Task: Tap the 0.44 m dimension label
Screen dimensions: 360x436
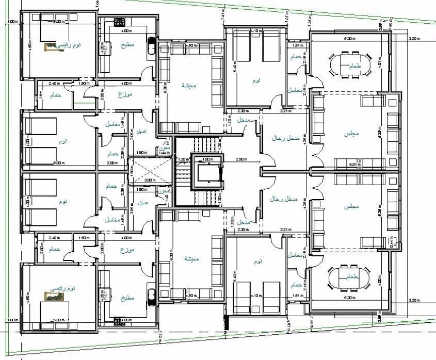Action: click(392, 244)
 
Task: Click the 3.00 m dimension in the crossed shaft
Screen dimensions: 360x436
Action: click(150, 180)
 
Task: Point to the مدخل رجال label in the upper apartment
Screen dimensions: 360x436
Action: click(284, 138)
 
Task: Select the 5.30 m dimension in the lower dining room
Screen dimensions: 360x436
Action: click(349, 298)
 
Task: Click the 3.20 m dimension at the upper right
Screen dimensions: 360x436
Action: click(412, 39)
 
